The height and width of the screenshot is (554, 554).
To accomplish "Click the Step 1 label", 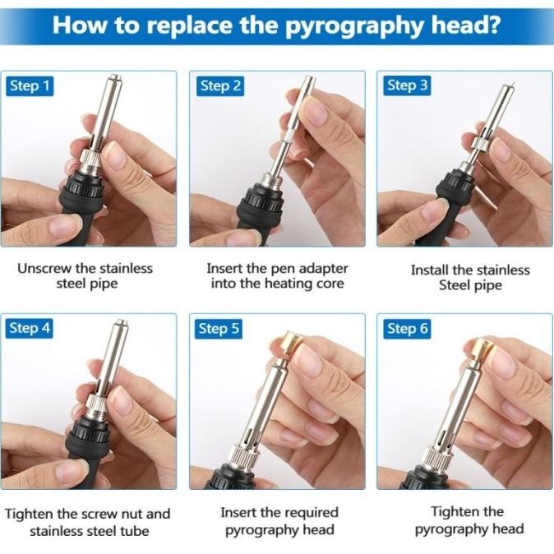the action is pyautogui.click(x=30, y=86).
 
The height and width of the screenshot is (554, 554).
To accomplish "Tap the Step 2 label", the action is pyautogui.click(x=220, y=86).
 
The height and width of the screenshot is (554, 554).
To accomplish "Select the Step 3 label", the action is pyautogui.click(x=407, y=85).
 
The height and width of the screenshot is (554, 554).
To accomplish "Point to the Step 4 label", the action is pyautogui.click(x=30, y=328).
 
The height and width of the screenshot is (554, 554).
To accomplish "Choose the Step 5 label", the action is pyautogui.click(x=219, y=329).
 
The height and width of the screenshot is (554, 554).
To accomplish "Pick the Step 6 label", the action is pyautogui.click(x=407, y=329).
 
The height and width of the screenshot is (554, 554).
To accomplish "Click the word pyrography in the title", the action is pyautogui.click(x=355, y=25).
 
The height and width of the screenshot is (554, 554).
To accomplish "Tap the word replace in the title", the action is pyautogui.click(x=192, y=25).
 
